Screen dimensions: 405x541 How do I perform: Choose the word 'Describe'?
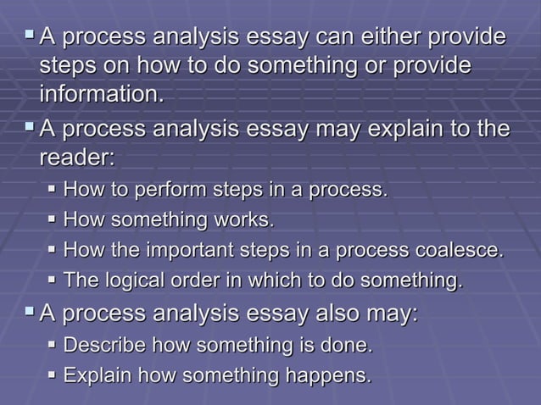pos(103,345)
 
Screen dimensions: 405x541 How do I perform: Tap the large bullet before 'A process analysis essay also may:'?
pos(29,313)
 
